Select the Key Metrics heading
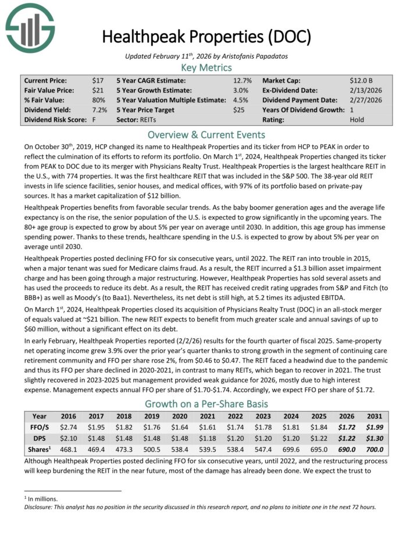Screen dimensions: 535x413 [206, 68]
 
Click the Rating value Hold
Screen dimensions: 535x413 [357, 119]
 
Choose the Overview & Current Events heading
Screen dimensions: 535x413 [206, 133]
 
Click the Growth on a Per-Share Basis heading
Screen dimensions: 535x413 [206, 403]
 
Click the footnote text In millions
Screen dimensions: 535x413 [43, 498]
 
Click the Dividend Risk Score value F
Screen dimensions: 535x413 [94, 119]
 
